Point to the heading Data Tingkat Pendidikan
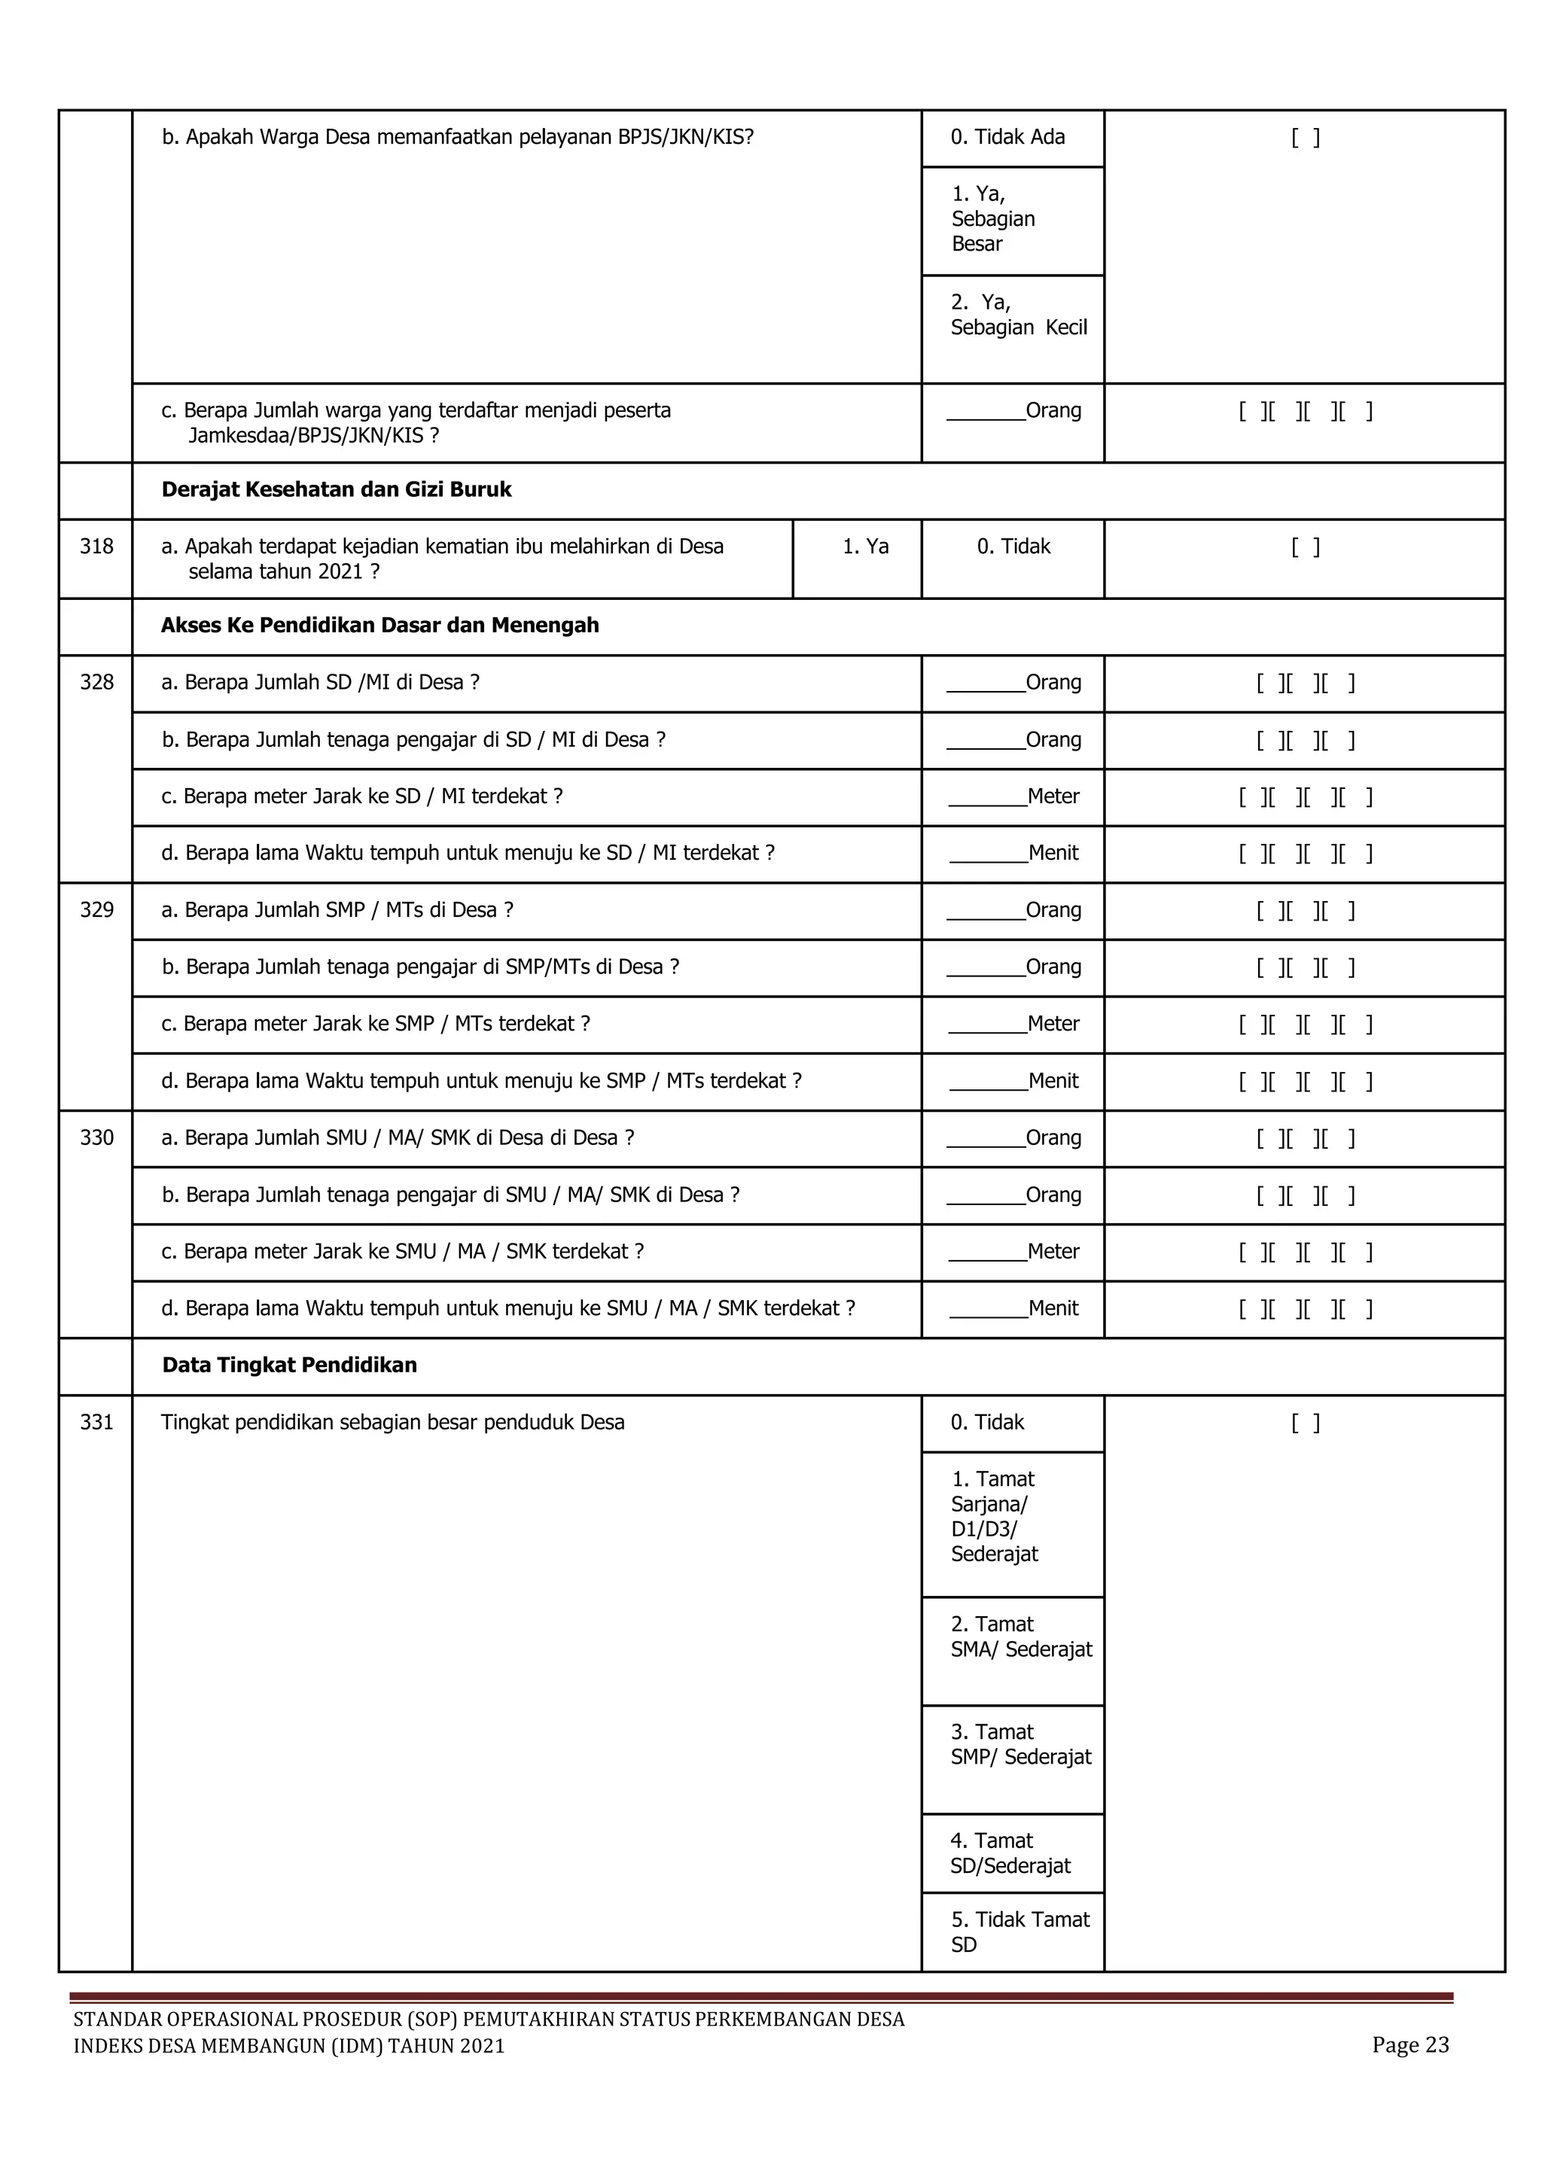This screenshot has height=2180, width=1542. pyautogui.click(x=290, y=1366)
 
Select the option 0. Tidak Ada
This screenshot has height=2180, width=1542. pyautogui.click(x=1007, y=138)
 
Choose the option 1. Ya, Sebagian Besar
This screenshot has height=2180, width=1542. pyautogui.click(x=993, y=219)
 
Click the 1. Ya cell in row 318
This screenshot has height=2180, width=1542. pyautogui.click(x=865, y=547)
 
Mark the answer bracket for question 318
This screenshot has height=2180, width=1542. pyautogui.click(x=1305, y=547)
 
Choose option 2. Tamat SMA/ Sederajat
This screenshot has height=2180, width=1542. pyautogui.click(x=1021, y=1637)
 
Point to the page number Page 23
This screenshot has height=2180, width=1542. pyautogui.click(x=1410, y=2045)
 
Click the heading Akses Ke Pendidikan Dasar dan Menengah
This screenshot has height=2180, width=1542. pyautogui.click(x=379, y=626)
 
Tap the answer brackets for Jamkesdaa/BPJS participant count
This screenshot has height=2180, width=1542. pyautogui.click(x=1305, y=412)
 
